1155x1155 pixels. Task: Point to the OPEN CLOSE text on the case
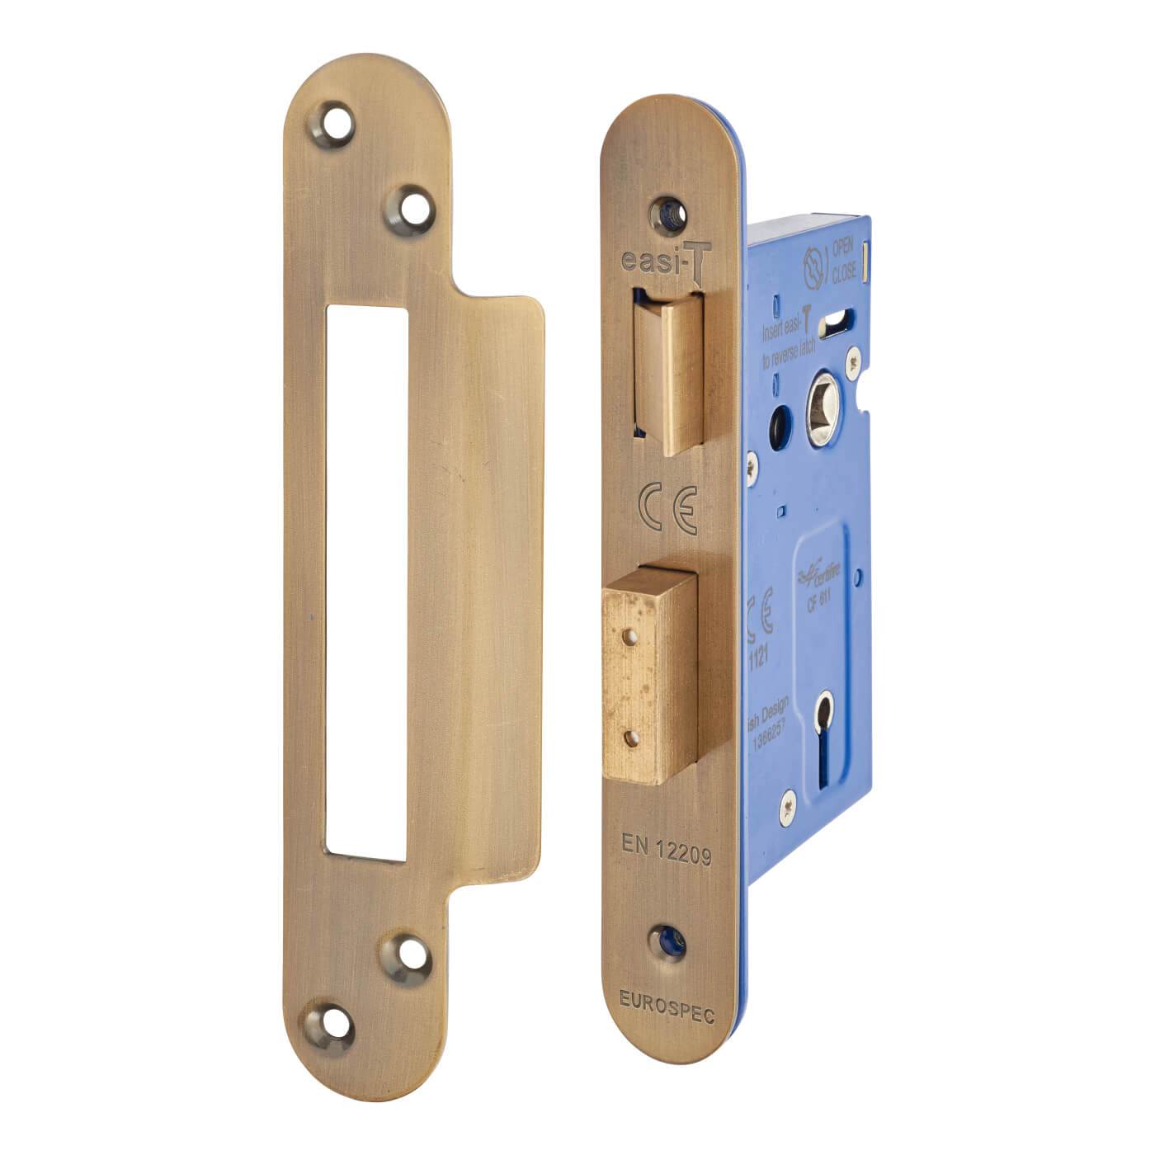843,260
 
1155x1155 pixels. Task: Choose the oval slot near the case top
841,316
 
